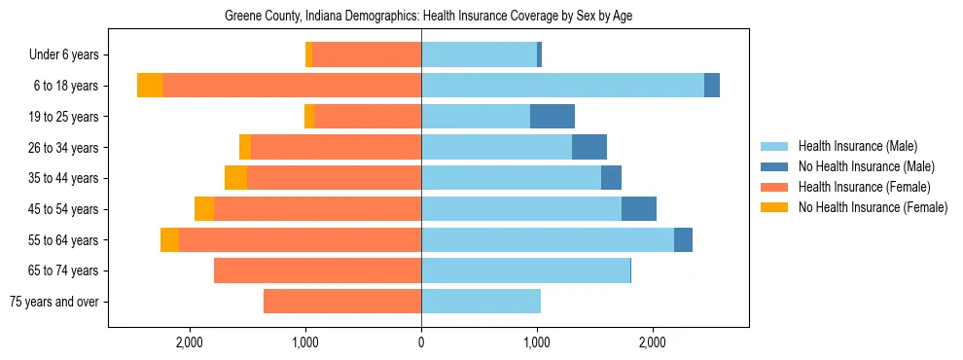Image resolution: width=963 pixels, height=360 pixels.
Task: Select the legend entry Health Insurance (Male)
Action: [857, 146]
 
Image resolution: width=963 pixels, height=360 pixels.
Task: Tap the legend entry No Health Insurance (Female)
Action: [873, 207]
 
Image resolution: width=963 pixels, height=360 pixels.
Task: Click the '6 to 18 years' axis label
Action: [65, 86]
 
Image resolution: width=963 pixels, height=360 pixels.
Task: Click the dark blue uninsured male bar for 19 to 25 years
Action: [553, 117]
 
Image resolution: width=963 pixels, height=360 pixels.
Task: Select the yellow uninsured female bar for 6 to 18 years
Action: [150, 86]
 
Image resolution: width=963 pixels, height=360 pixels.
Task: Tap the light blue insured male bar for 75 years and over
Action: [481, 302]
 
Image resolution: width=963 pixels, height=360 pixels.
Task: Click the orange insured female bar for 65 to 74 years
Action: [317, 270]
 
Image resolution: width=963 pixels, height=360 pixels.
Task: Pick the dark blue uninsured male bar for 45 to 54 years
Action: [639, 209]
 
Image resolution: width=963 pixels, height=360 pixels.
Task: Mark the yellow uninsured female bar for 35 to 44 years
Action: [235, 178]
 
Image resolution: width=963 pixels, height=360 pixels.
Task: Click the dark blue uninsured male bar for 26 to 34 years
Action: [589, 147]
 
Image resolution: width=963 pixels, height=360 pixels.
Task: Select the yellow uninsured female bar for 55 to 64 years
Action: [169, 239]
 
